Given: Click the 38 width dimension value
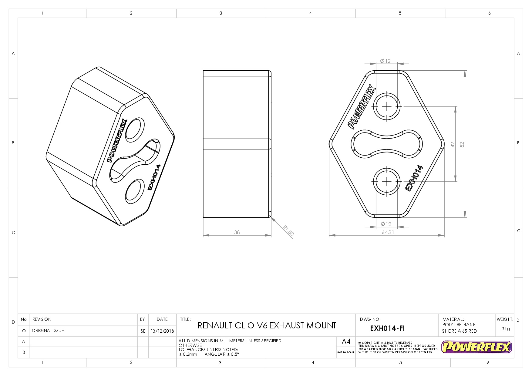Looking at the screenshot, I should point(237,232).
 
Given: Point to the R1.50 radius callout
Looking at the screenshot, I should point(288,230).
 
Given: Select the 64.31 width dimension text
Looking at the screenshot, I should point(388,232).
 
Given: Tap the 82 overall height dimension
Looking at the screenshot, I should point(462,145).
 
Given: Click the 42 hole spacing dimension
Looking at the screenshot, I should point(453,145).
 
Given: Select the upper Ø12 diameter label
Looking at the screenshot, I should point(386,61).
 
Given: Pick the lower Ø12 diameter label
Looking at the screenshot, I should point(386,224).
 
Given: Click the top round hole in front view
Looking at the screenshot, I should point(387,106).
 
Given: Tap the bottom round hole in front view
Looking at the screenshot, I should point(387,181).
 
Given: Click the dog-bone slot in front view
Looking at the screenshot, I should point(387,144).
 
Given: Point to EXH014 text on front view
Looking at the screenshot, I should point(414,178).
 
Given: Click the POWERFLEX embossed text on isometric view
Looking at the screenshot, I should point(117,140).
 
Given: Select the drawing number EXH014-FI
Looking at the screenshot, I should point(387,328).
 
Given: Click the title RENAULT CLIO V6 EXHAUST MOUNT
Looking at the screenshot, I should point(267,326).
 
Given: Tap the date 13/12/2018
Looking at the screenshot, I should point(162,331).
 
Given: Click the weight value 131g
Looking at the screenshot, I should point(505,329).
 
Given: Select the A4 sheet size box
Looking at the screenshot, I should point(346,342).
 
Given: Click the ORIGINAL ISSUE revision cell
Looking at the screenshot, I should point(48,331).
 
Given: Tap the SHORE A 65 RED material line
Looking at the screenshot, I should point(459,331).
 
